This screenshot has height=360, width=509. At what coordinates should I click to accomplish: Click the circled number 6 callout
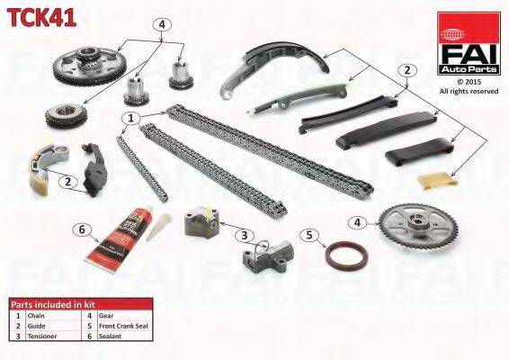pos(83,229)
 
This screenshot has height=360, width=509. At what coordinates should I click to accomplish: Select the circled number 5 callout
pos(311,236)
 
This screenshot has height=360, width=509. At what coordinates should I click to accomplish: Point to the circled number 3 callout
pos(242,236)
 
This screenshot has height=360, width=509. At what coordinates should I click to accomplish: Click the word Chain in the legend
pos(36,316)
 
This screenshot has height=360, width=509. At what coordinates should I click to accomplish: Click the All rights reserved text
pos(468,91)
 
